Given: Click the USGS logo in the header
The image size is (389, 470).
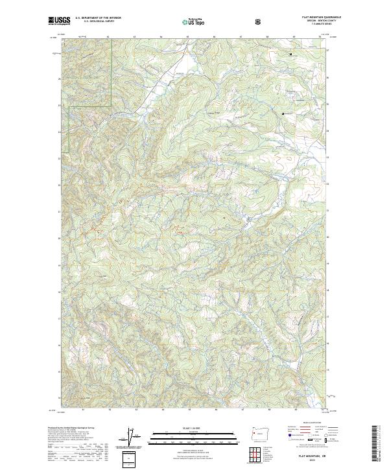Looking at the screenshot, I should click(58, 21).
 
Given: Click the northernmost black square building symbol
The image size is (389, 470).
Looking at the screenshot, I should click(290, 54).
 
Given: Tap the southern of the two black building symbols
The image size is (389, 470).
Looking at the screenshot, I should click(283, 114).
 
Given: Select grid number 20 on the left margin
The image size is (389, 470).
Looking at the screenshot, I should click(59, 239).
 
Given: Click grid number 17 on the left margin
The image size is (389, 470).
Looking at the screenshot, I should click(59, 318).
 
